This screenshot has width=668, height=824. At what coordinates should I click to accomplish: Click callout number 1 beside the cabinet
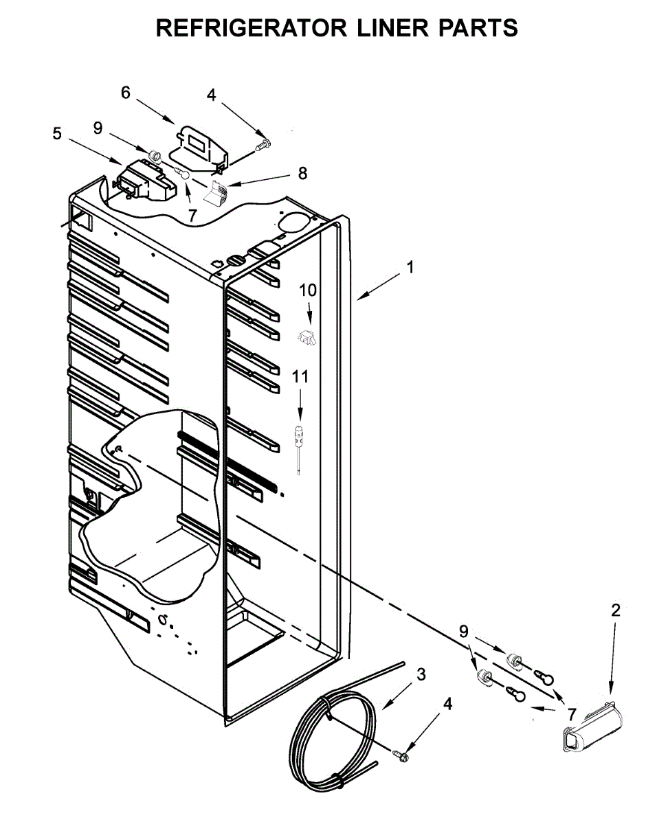pyautogui.click(x=410, y=268)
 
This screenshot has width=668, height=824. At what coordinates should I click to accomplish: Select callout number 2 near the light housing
pyautogui.click(x=615, y=609)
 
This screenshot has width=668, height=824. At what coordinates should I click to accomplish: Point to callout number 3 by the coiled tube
pyautogui.click(x=421, y=674)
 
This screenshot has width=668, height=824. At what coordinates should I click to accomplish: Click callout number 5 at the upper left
pyautogui.click(x=57, y=134)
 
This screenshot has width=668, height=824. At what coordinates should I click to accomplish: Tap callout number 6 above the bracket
pyautogui.click(x=125, y=93)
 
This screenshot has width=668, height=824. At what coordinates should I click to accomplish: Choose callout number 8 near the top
pyautogui.click(x=302, y=173)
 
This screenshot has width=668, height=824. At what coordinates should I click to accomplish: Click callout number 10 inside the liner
pyautogui.click(x=308, y=290)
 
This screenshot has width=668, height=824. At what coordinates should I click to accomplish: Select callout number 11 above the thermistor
pyautogui.click(x=300, y=376)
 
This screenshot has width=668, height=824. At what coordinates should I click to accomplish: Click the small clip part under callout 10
pyautogui.click(x=307, y=337)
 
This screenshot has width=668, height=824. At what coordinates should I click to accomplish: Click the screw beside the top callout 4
pyautogui.click(x=263, y=145)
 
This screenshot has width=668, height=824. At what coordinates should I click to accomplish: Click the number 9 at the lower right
pyautogui.click(x=464, y=631)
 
